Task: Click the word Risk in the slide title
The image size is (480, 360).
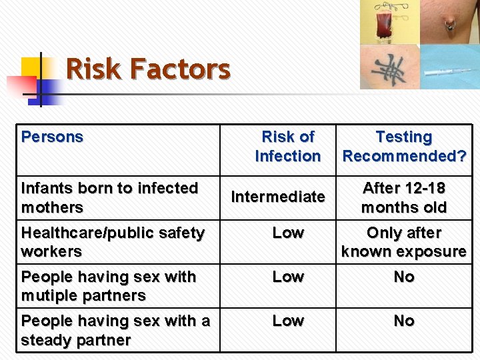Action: click(94, 69)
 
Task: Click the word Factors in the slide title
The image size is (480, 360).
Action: click(180, 69)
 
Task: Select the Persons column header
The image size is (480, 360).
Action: click(52, 137)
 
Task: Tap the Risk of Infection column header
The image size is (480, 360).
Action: click(287, 146)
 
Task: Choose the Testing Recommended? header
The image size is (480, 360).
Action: click(404, 146)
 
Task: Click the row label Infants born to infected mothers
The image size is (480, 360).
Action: click(109, 197)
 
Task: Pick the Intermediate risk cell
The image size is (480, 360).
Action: click(278, 197)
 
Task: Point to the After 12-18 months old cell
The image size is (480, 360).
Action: click(404, 197)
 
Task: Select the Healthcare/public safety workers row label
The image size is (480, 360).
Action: click(113, 242)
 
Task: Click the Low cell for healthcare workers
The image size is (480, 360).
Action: click(288, 233)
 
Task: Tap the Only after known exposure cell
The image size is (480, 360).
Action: click(404, 242)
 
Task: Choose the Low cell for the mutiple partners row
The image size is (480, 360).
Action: click(288, 277)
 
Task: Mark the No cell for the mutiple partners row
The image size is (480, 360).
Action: click(404, 277)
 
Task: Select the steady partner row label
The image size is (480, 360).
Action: click(115, 330)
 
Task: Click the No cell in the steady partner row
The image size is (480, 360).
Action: click(404, 321)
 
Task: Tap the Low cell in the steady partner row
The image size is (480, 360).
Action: click(288, 321)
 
